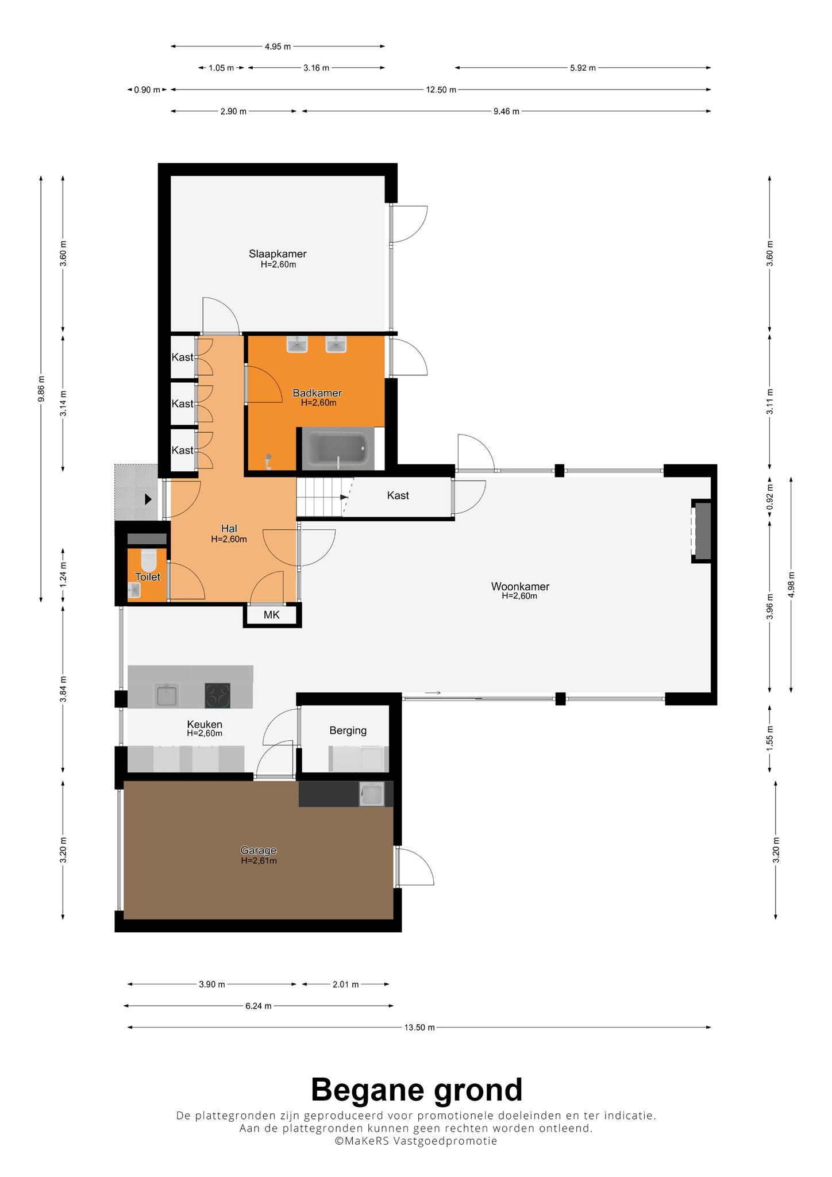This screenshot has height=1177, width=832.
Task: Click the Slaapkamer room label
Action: pyautogui.click(x=278, y=254)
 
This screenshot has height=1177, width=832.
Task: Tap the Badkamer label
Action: pyautogui.click(x=317, y=393)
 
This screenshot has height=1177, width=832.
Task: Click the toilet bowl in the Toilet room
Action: pyautogui.click(x=148, y=559)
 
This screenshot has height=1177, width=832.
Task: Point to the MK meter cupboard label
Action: pyautogui.click(x=272, y=616)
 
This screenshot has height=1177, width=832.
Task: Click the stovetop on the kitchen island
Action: pyautogui.click(x=217, y=695)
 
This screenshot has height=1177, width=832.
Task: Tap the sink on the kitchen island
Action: pyautogui.click(x=167, y=695)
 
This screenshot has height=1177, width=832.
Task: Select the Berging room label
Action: pyautogui.click(x=348, y=730)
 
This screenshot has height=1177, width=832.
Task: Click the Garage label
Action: pyautogui.click(x=259, y=851)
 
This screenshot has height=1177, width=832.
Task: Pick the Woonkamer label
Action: pyautogui.click(x=520, y=587)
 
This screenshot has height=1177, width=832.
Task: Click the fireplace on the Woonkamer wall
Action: pyautogui.click(x=702, y=530)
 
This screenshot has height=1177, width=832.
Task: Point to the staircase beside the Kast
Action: pyautogui.click(x=323, y=498)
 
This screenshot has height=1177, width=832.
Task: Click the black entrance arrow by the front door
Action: pyautogui.click(x=148, y=499)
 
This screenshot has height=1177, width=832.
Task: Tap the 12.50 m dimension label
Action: pyautogui.click(x=441, y=90)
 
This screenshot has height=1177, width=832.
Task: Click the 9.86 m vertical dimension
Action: pyautogui.click(x=41, y=390)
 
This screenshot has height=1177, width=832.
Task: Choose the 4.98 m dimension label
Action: pyautogui.click(x=791, y=584)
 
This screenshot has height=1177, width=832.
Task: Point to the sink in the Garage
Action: pyautogui.click(x=371, y=794)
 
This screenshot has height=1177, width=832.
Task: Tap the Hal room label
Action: pyautogui.click(x=229, y=529)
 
